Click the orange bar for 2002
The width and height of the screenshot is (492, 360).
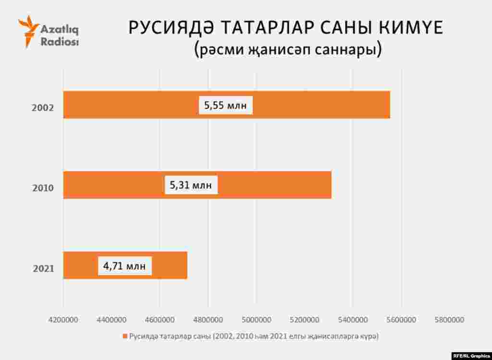coord(312,105)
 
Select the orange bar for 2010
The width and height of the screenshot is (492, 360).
coord(269,185)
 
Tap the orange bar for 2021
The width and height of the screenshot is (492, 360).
coord(168,265)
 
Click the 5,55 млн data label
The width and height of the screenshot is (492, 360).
coord(225,105)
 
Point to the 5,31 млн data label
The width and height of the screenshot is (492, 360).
coord(191,185)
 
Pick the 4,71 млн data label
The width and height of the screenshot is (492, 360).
coord(124,265)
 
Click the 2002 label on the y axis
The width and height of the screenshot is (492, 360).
coord(43,108)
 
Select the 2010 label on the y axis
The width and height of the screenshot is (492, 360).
coord(43,188)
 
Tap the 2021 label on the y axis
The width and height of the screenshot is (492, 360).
coord(43,268)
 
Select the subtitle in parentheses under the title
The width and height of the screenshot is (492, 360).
coord(288,49)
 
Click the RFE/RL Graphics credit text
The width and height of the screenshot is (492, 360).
coord(471,355)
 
